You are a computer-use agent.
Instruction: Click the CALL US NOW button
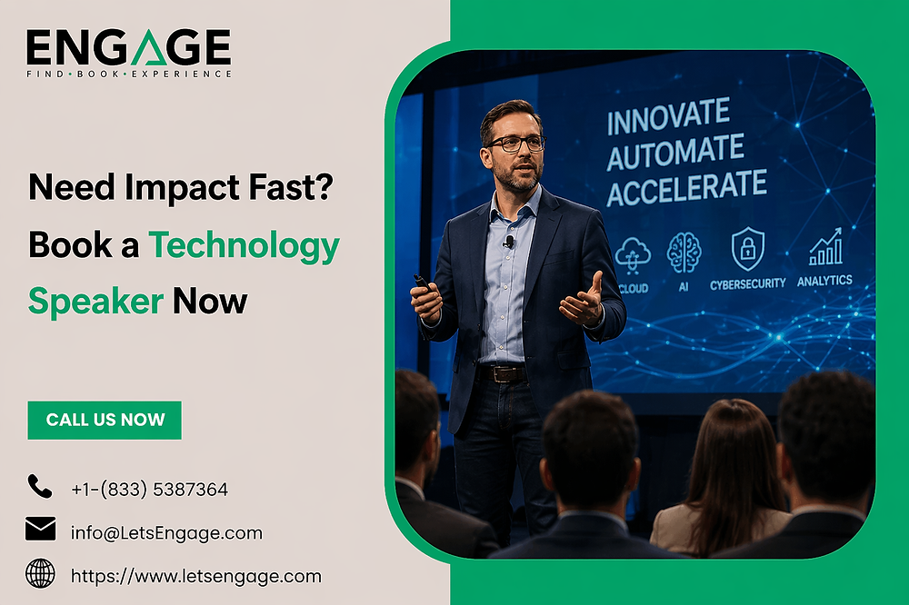coord(105,420)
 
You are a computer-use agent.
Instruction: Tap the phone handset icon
coord(39,486)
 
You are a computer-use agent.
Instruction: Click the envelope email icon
coord(41,529)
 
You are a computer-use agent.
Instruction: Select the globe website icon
coord(41,573)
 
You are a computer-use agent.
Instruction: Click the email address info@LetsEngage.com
coord(166,533)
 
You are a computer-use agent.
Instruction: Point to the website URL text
coord(196,577)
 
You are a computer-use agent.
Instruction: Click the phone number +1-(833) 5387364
coord(150,490)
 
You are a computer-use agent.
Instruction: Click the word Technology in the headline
coord(244,245)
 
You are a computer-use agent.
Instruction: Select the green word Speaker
coord(95,302)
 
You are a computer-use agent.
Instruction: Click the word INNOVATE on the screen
coord(668,116)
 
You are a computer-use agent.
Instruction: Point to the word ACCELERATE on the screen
coord(686,187)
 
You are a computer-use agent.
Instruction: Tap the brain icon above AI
coord(684,253)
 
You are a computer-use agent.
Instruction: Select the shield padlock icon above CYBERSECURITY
coord(748,249)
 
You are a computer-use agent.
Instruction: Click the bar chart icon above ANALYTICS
coord(825,246)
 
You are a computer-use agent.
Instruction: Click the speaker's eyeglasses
coord(515,144)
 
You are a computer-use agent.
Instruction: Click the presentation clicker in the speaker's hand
coord(422,283)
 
